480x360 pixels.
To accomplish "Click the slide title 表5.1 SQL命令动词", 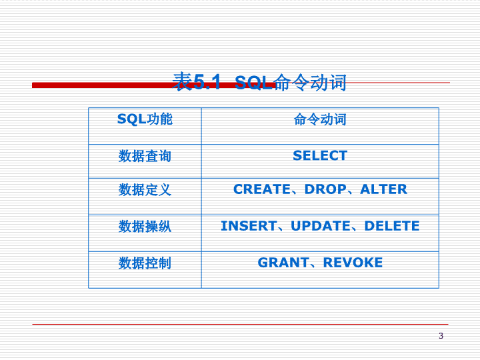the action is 259,82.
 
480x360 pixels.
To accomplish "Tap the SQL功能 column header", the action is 145,119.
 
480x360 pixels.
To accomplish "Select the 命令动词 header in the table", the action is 320,119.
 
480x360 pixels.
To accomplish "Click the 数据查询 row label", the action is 145,156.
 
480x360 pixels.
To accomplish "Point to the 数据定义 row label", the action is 145,189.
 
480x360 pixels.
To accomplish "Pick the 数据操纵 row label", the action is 145,226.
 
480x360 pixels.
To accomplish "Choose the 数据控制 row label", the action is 145,263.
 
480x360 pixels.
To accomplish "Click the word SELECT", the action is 320,155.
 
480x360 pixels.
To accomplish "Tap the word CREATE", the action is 262,189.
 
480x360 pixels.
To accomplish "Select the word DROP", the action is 325,189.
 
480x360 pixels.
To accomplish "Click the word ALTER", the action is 383,189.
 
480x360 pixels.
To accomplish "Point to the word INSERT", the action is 249,226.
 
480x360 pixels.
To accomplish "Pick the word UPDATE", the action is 321,226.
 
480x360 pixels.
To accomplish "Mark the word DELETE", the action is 392,226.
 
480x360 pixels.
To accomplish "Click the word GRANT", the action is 283,263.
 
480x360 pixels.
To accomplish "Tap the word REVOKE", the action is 353,263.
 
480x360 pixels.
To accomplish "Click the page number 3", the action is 441,336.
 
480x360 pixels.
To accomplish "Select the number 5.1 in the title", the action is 207,82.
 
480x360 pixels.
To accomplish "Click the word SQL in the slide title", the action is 253,83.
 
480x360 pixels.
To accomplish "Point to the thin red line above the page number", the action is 240,324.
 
